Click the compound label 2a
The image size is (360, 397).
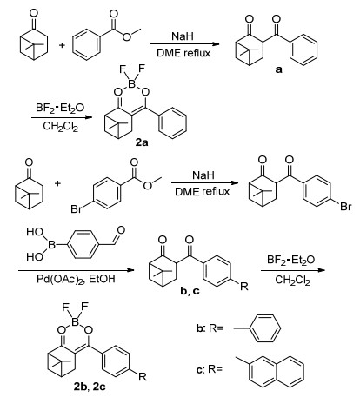coord(142,142)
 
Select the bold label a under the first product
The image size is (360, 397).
coord(278,69)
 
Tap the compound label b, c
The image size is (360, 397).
coord(190,291)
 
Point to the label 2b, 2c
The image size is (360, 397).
coord(90,387)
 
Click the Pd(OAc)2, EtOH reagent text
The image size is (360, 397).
coord(76,279)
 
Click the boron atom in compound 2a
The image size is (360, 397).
coord(132,84)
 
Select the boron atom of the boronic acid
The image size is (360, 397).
coord(51,245)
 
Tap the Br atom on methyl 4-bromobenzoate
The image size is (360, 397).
coord(76,209)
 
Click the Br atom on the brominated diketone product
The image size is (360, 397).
coord(346,207)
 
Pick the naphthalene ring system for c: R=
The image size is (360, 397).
coord(277,372)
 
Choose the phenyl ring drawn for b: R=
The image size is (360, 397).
coord(264,328)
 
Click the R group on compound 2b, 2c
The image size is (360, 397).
coord(143,377)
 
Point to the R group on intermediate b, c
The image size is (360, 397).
coord(244,287)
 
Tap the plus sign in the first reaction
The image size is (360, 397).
coord(62,45)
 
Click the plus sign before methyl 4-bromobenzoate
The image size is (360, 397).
coord(58,183)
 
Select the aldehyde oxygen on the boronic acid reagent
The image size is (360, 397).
coord(121,230)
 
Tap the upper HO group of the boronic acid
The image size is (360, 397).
coord(35,232)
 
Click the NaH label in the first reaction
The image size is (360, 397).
coord(183,36)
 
